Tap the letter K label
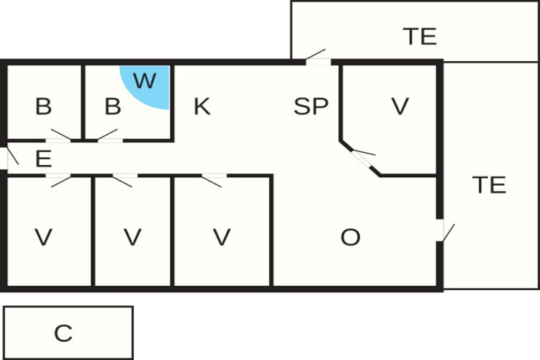click(x=202, y=107)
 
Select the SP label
click(x=311, y=107)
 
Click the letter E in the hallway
click(x=43, y=159)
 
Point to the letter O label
click(x=351, y=238)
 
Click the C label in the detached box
click(x=63, y=333)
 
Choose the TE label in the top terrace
click(x=420, y=37)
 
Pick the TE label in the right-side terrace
click(x=490, y=185)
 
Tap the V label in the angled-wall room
click(x=400, y=107)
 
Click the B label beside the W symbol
click(x=112, y=107)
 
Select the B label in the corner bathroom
click(x=43, y=107)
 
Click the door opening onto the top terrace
click(x=316, y=58)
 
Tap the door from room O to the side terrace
click(x=446, y=230)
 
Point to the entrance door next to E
click(x=9, y=158)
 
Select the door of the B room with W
click(x=109, y=136)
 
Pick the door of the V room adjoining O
click(x=214, y=181)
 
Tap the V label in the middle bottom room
click(x=132, y=238)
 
